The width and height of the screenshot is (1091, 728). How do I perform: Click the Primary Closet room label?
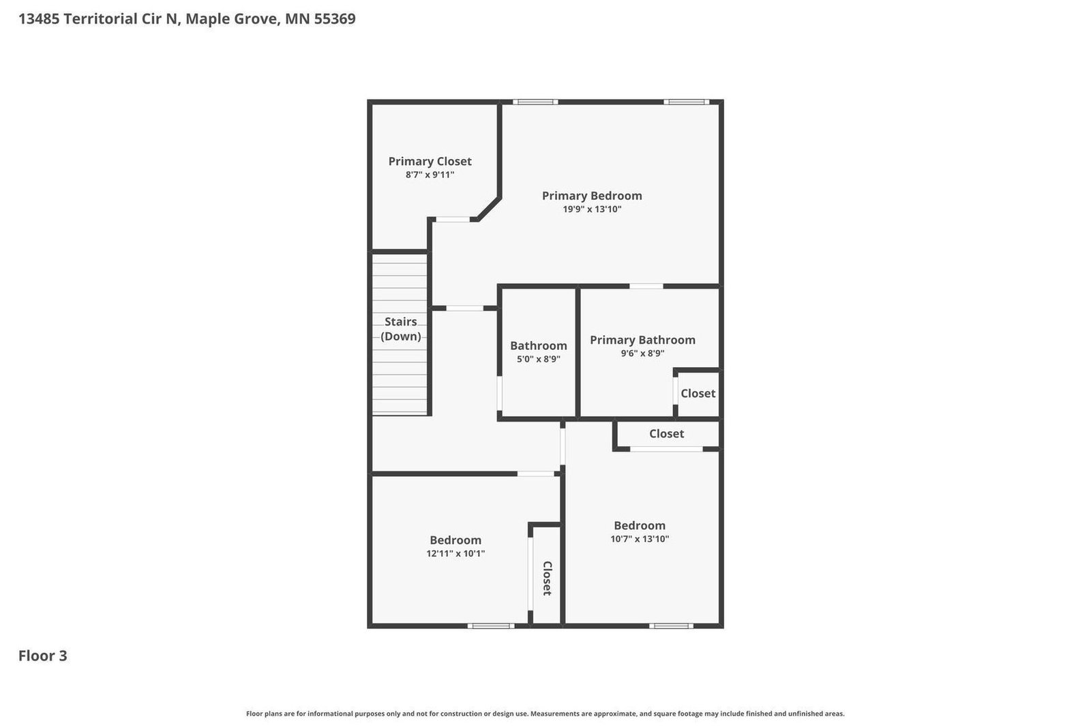[430, 161]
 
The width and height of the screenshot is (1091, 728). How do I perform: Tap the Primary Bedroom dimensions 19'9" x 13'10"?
[592, 209]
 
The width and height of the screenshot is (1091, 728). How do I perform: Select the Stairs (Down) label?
[400, 329]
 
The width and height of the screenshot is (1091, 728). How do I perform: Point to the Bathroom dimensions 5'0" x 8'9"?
[538, 359]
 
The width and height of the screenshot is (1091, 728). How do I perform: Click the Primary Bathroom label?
[642, 340]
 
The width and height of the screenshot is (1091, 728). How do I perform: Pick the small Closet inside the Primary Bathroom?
[698, 393]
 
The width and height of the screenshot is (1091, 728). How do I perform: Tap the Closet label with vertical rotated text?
[547, 578]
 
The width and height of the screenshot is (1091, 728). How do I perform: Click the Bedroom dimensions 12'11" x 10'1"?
[455, 553]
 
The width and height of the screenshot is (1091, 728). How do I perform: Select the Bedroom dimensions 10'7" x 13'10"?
[640, 539]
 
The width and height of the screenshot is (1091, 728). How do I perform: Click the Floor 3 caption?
[43, 656]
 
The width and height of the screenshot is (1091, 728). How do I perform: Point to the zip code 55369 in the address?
[335, 19]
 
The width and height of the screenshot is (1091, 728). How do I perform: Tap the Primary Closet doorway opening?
[453, 219]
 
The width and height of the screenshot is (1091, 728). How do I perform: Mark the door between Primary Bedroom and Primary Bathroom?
[646, 286]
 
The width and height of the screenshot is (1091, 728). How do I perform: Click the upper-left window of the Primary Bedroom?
[535, 102]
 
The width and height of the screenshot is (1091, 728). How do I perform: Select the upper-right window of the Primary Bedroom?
[686, 102]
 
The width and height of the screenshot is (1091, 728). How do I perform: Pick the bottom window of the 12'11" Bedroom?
[490, 626]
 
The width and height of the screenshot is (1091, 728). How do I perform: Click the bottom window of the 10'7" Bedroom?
[671, 626]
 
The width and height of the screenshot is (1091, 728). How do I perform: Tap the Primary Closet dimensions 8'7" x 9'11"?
[430, 175]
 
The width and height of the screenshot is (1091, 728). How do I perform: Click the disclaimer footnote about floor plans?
[545, 714]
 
